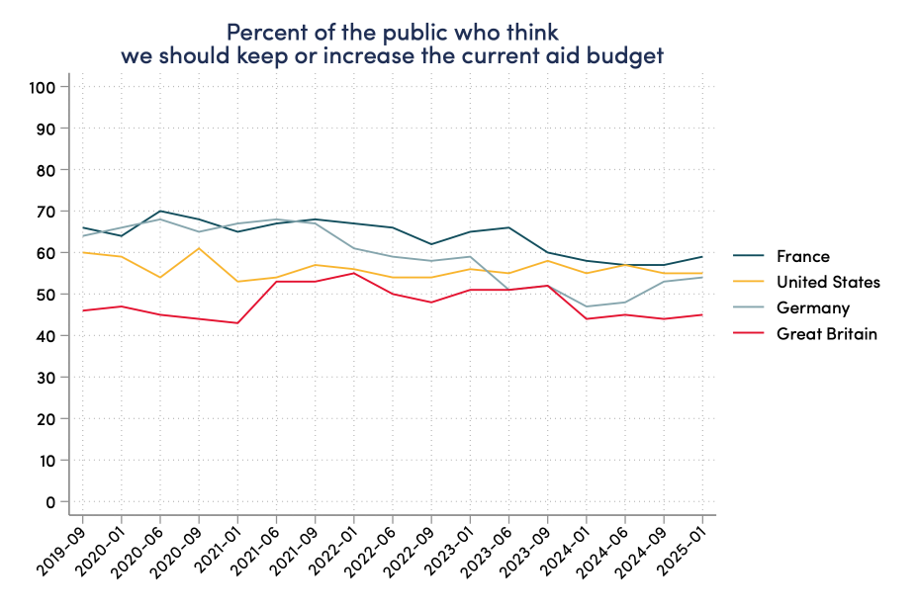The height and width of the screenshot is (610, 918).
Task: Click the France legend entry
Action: point(801,256)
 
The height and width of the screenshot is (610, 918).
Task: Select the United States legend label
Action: point(827,282)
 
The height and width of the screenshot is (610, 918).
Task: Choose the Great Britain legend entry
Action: point(827,333)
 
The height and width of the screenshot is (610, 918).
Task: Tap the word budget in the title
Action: point(628,56)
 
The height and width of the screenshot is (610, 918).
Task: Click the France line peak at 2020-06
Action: point(160,211)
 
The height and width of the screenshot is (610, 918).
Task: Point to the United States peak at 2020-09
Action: point(199,248)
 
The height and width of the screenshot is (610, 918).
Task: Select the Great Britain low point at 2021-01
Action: point(237,323)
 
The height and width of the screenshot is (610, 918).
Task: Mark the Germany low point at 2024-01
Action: point(587,306)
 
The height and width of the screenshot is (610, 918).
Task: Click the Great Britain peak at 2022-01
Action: point(354,273)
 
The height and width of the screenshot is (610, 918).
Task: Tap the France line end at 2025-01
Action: point(702,257)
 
